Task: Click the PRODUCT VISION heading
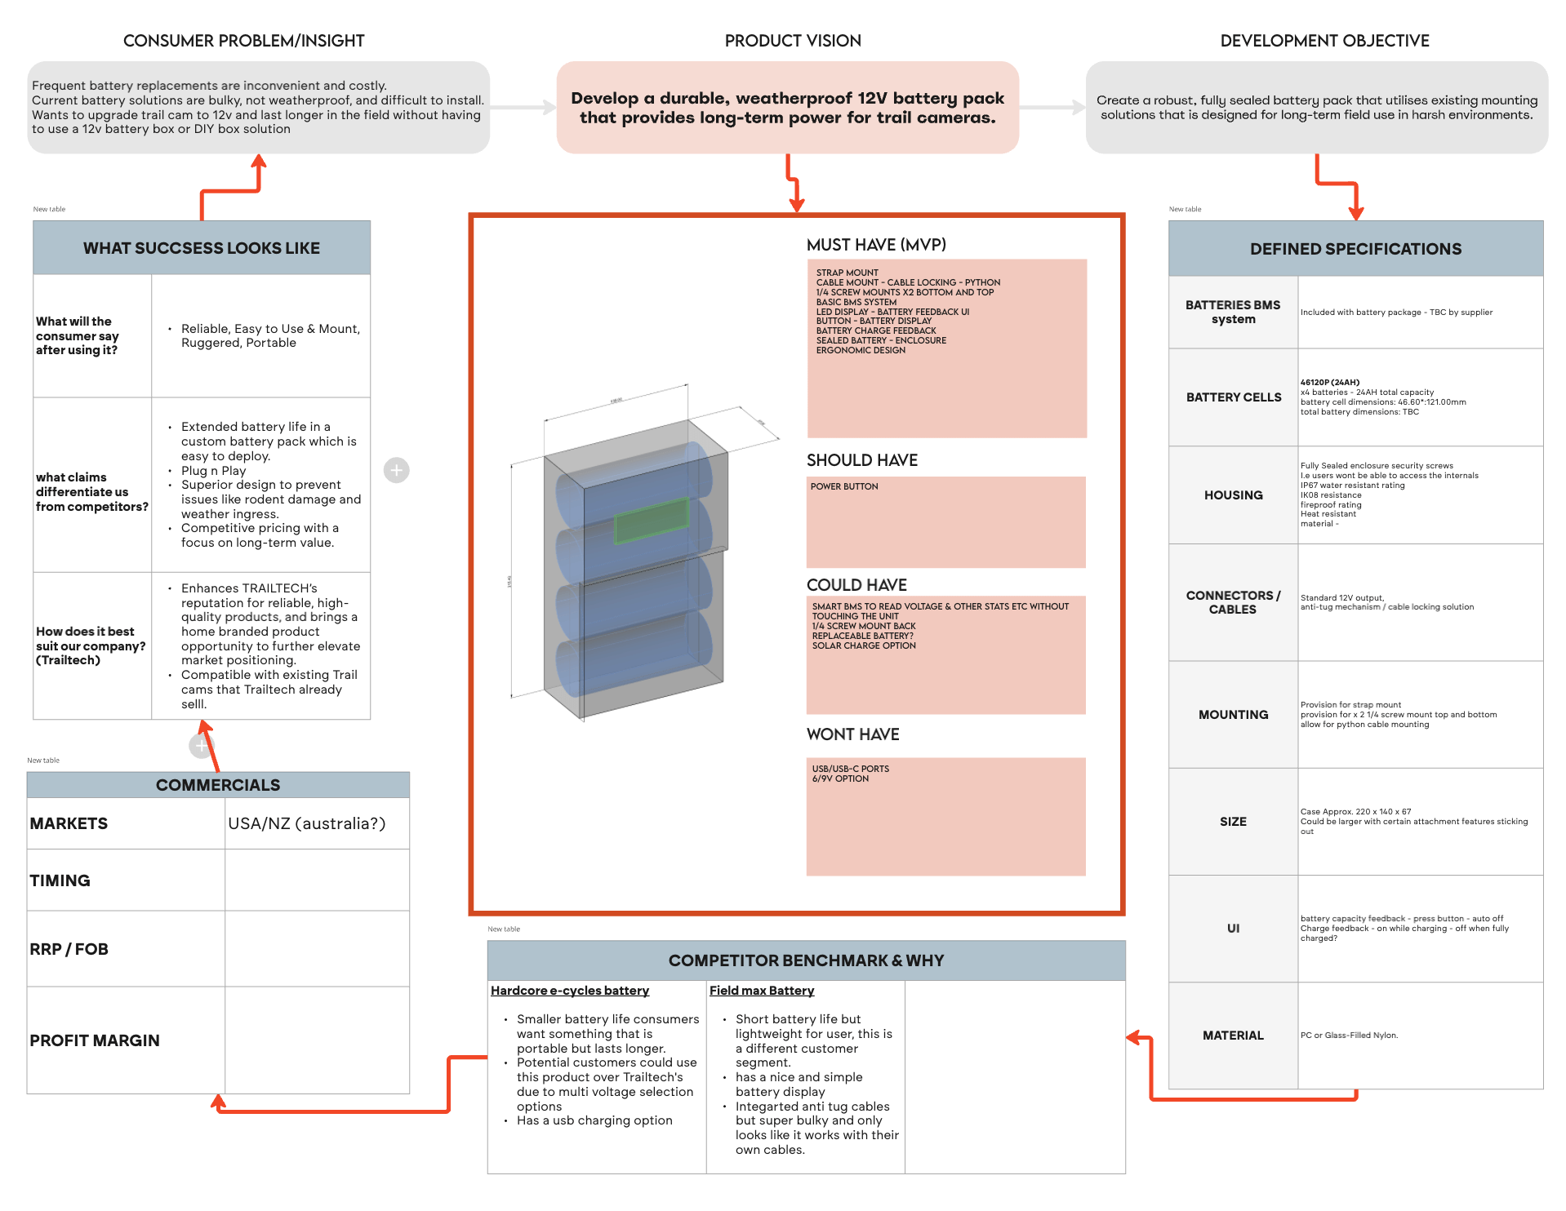coord(792,41)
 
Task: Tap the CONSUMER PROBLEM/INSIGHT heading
coord(243,41)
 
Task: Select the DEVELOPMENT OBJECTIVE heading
coord(1324,41)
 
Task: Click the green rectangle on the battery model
coord(651,521)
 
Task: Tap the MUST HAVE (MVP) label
coord(875,245)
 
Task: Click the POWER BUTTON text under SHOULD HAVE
coord(843,486)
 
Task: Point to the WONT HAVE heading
coord(852,734)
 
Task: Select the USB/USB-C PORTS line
coord(850,769)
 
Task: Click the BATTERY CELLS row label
coord(1233,397)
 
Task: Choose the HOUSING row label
coord(1233,495)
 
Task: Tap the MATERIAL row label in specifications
coord(1233,1036)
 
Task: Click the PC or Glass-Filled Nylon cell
coord(1349,1036)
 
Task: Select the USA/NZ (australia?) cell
coord(306,823)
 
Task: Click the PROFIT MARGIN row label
coord(95,1040)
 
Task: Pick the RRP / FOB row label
coord(69,949)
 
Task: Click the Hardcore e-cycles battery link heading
coord(569,991)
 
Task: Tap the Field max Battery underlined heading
coord(761,991)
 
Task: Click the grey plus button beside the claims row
coord(396,470)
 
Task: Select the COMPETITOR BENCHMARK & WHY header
coord(805,960)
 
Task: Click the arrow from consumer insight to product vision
coord(523,107)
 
